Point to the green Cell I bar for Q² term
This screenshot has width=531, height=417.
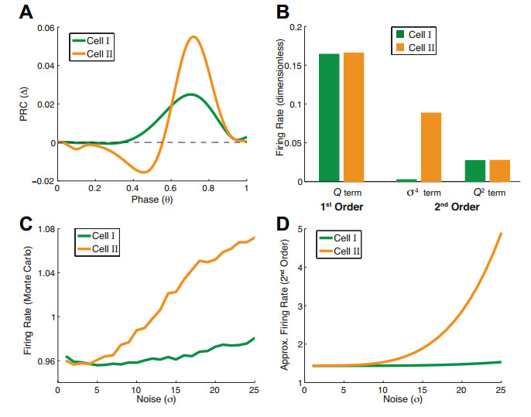pyautogui.click(x=475, y=171)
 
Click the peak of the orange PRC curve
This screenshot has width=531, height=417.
pyautogui.click(x=194, y=36)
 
